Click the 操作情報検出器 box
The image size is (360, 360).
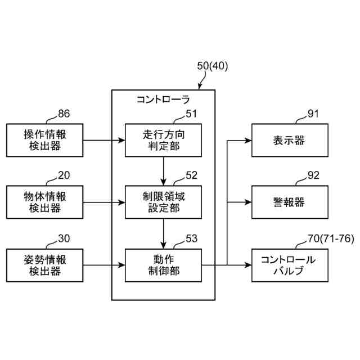45,140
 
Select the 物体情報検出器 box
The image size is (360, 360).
45,202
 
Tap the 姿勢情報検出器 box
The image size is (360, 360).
45,265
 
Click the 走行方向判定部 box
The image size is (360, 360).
164,140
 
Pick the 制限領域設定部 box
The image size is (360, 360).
164,202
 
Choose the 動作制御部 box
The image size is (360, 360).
164,265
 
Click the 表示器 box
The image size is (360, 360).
290,140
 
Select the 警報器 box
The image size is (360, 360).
290,202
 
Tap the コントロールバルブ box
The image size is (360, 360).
290,265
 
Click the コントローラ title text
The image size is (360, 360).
163,100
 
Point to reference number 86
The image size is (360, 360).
64,114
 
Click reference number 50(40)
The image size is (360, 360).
213,66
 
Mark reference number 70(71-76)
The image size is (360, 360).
331,238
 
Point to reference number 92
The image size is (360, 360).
313,175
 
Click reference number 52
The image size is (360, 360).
191,175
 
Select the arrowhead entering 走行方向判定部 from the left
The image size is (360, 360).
121,140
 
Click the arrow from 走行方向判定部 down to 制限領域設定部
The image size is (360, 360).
164,171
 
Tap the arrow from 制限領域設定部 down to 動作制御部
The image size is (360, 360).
164,234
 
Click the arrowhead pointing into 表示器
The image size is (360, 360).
249,140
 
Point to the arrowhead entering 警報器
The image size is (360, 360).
249,202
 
